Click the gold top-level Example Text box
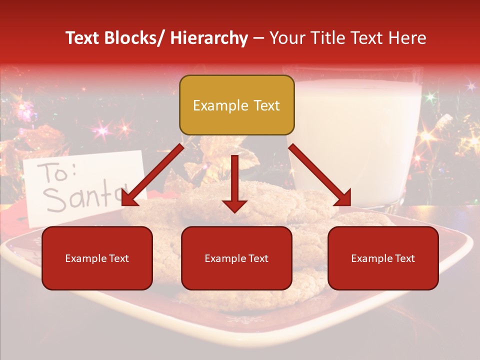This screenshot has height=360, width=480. click(x=236, y=105)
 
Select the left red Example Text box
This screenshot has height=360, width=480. click(x=97, y=258)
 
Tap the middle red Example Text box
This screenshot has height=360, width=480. click(x=236, y=258)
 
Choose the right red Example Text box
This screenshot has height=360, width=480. click(x=383, y=258)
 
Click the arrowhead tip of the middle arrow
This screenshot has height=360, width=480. click(x=234, y=211)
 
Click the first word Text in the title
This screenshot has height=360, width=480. click(x=83, y=38)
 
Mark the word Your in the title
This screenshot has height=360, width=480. click(x=286, y=38)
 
